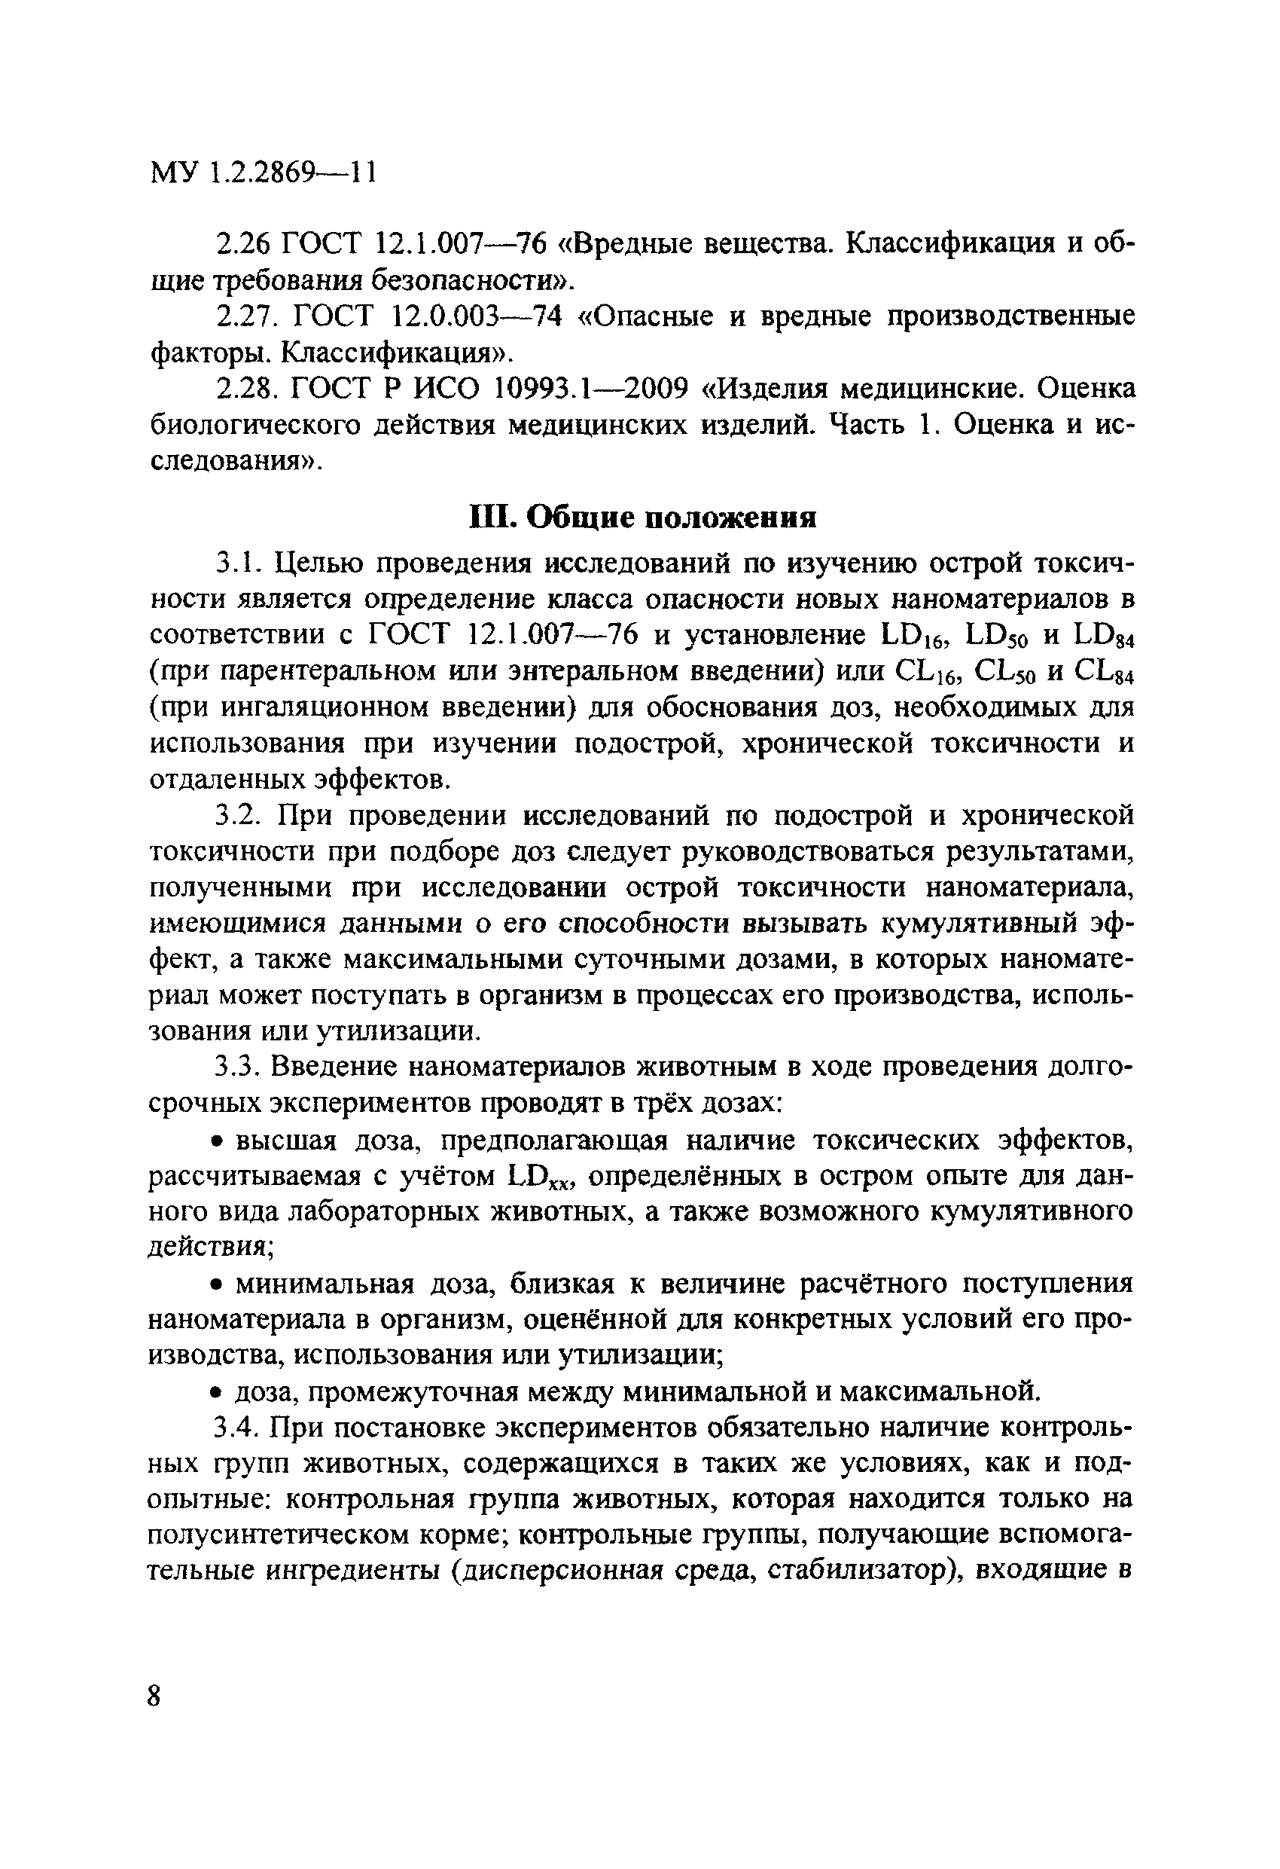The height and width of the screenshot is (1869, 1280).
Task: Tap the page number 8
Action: click(155, 1696)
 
